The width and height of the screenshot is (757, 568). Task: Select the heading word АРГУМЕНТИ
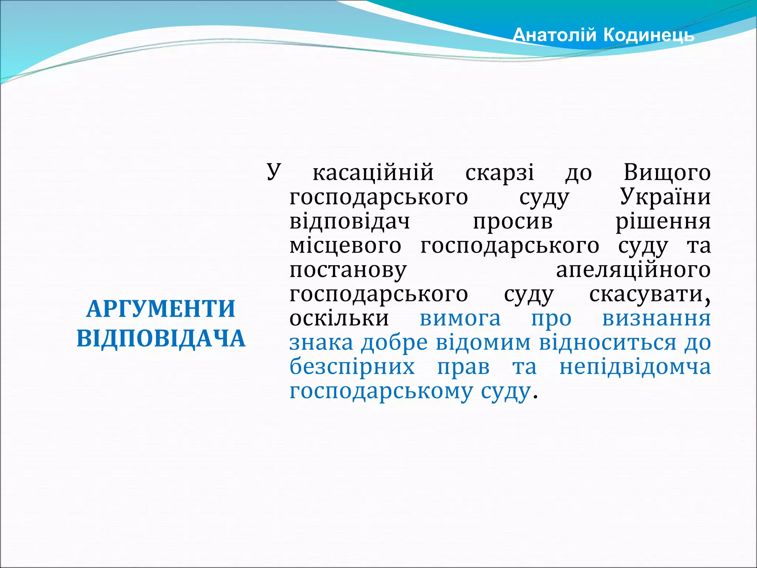161,309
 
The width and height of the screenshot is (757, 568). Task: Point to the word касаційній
373,173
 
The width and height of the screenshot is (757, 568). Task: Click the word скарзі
500,173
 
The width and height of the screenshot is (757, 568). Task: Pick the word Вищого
667,173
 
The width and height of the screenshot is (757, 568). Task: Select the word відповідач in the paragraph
350,222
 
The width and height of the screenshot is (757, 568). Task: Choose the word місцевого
345,246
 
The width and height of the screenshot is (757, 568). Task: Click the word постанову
348,270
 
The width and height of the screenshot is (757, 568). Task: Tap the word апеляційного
633,270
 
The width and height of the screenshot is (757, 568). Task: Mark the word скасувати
649,295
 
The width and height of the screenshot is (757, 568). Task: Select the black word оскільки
339,318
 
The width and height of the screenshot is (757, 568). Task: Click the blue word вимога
460,318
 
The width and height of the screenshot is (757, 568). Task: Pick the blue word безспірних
352,367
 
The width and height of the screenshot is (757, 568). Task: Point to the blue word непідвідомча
635,367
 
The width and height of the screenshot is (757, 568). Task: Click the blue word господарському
381,391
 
